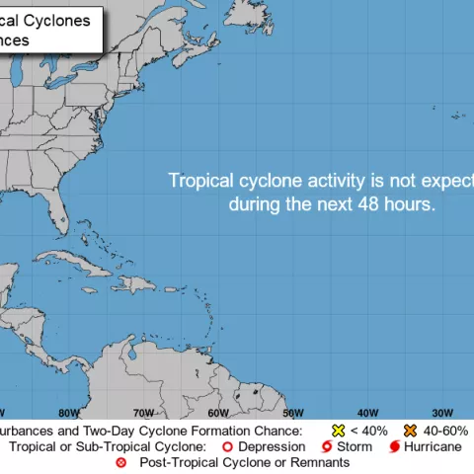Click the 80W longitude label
pos(68,413)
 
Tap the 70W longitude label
pos(143,413)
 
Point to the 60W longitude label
pos(218,413)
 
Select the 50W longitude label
pos(293,413)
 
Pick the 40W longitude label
pos(367,413)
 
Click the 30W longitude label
pos(441,413)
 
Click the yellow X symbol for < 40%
pos(339,432)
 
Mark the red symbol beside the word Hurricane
pos(394,447)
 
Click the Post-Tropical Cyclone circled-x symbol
pos(121,462)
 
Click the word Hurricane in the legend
pos(432,447)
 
